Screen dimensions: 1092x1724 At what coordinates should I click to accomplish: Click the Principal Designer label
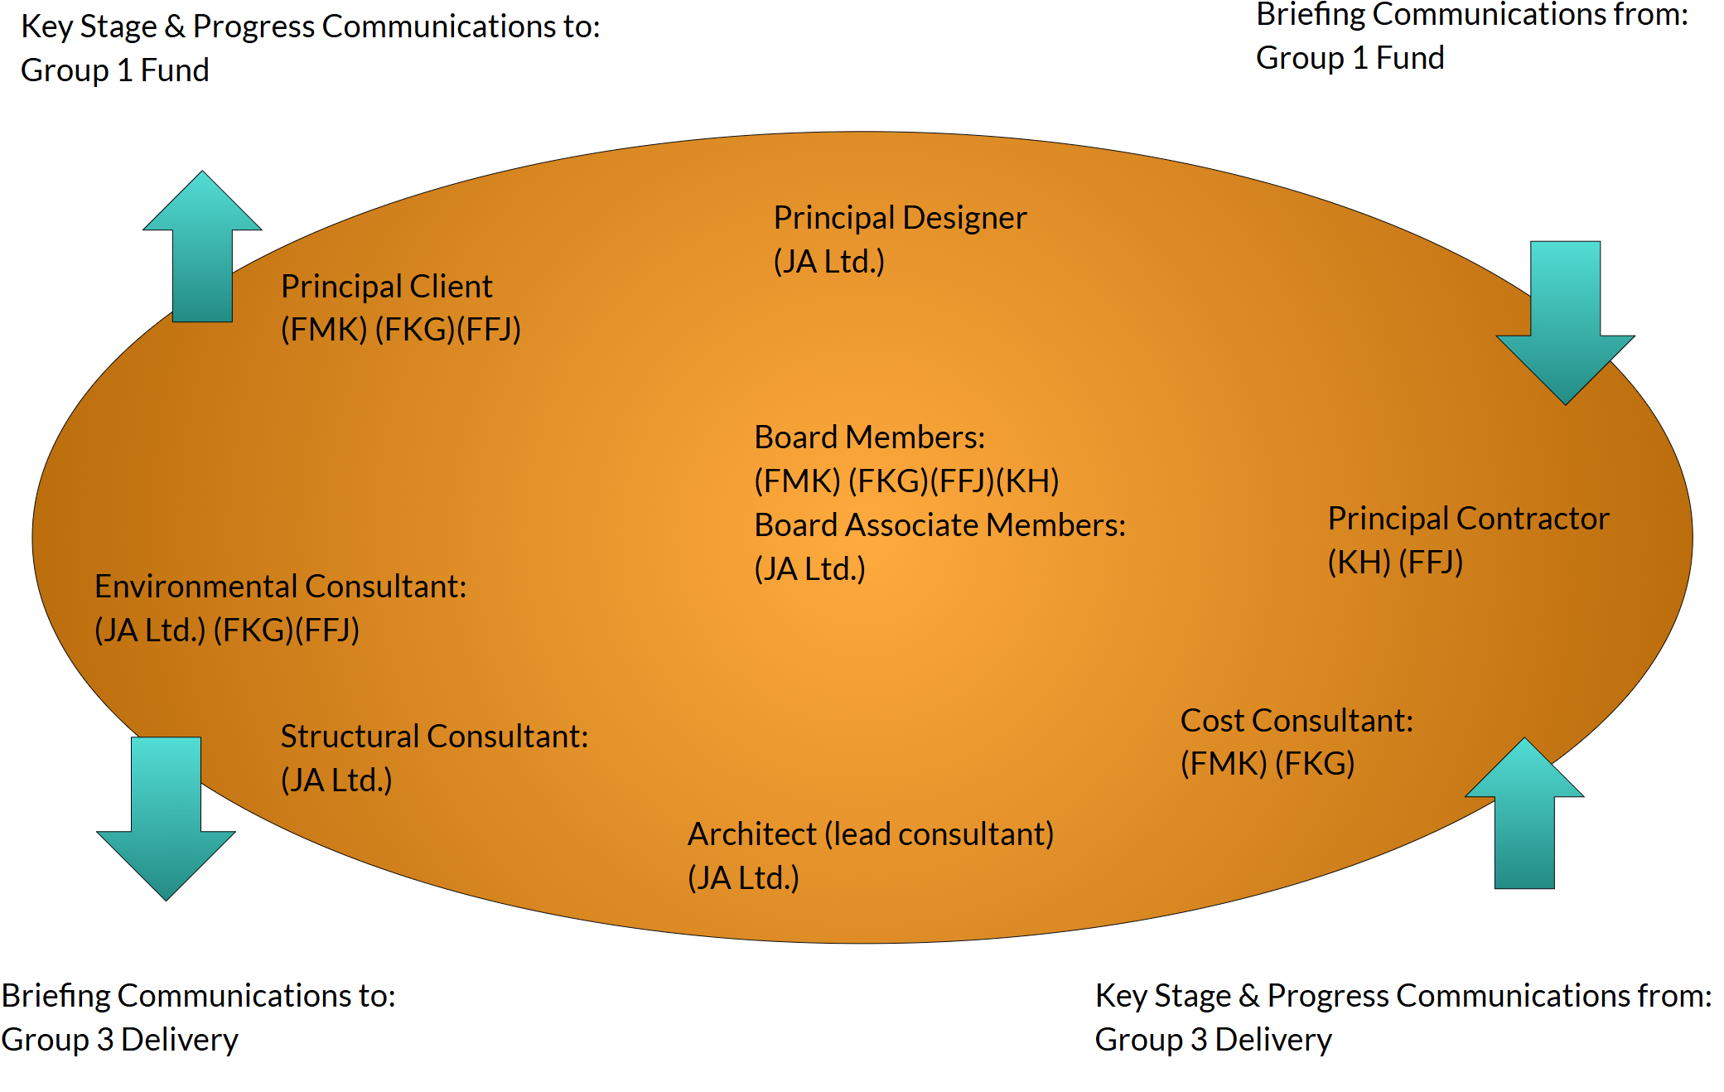[900, 218]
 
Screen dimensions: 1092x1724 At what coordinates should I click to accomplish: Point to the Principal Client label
[386, 287]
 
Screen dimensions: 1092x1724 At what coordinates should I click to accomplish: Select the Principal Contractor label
[1468, 519]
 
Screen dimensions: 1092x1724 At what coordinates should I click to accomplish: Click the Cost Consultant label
[1297, 721]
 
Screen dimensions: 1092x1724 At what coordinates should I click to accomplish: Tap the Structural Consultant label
[434, 737]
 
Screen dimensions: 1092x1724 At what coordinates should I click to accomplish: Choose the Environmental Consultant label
[280, 587]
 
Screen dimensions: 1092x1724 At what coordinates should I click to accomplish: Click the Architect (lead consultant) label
[870, 834]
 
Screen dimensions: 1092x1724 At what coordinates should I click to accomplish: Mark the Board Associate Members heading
[939, 525]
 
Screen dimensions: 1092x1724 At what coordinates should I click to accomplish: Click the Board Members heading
[869, 437]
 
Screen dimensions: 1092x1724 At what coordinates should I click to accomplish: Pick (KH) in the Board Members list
[1027, 481]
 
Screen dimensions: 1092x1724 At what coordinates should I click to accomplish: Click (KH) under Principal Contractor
[1359, 563]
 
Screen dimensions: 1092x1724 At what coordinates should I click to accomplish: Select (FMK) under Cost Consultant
[1223, 764]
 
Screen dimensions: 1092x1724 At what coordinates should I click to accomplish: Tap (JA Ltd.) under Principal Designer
[828, 262]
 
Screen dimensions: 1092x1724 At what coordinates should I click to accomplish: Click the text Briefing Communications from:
[1471, 15]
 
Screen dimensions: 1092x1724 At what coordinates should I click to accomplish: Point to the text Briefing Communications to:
[199, 996]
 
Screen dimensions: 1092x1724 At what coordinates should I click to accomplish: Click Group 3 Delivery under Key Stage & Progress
[1213, 1040]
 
